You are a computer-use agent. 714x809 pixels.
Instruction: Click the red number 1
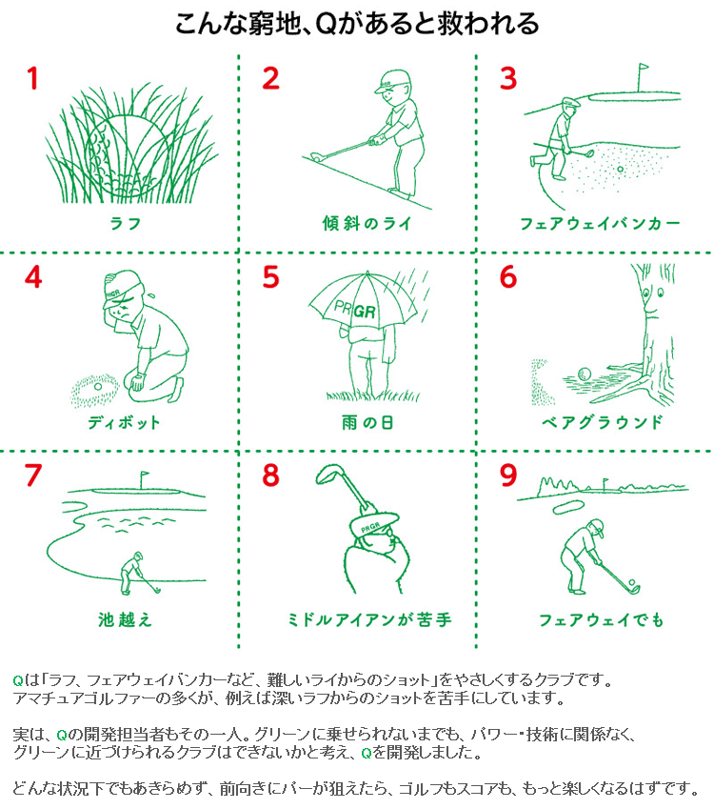(x=33, y=78)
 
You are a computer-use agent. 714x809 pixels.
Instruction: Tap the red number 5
(x=270, y=277)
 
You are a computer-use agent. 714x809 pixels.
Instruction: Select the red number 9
(x=507, y=475)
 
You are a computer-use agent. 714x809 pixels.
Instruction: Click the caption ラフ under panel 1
(x=126, y=223)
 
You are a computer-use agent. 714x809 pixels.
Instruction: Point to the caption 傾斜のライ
(x=367, y=223)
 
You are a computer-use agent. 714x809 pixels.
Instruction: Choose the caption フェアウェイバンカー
(x=600, y=223)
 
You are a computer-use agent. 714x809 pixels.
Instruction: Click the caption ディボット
(x=124, y=422)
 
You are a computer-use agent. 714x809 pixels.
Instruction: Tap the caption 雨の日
(x=367, y=422)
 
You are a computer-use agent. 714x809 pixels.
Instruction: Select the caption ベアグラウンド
(x=602, y=422)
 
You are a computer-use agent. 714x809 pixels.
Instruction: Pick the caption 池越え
(x=126, y=619)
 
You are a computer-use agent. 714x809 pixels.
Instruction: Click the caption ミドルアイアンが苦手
(x=369, y=619)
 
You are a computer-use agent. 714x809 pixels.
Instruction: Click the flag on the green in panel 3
(x=643, y=68)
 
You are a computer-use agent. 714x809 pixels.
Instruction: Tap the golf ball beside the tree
(x=585, y=374)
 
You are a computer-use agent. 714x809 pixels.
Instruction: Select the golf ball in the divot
(x=98, y=386)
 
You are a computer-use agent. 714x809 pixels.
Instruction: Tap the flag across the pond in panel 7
(x=145, y=474)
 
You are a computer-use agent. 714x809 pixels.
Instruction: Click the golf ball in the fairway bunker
(x=620, y=169)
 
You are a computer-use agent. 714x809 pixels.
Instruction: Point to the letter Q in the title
(x=326, y=24)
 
